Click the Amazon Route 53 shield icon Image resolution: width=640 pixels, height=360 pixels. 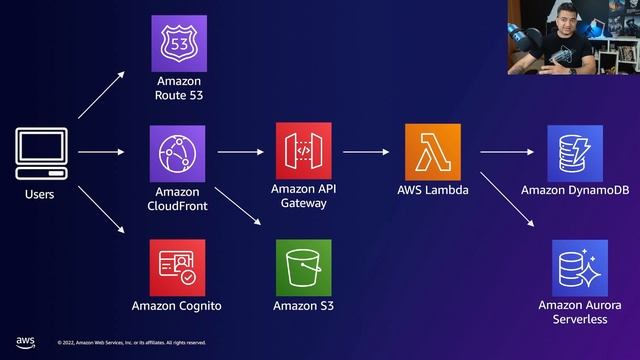pos(178,44)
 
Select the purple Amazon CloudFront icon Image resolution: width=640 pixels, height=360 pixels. pos(178,153)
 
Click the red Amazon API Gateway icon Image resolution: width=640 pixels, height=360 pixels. pos(304,151)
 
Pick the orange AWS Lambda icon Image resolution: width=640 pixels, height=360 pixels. pos(433,152)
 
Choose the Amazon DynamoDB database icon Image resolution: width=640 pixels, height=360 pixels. pos(575,152)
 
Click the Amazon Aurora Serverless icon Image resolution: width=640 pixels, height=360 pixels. pos(580,267)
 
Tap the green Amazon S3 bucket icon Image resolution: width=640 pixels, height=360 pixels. pos(304,267)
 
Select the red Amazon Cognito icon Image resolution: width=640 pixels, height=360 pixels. pos(177,267)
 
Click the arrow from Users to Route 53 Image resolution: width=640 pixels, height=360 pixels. pos(101,96)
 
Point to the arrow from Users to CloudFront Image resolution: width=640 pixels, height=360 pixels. pos(101,153)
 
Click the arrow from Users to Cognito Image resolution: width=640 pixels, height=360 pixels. pos(101,210)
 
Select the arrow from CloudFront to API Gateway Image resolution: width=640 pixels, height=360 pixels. pos(240,153)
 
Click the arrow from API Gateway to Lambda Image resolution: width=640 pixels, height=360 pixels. pos(366,153)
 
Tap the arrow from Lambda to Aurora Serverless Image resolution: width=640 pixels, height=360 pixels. pos(504,205)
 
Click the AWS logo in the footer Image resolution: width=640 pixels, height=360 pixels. pos(25,341)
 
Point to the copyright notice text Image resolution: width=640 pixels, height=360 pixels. pos(132,343)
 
